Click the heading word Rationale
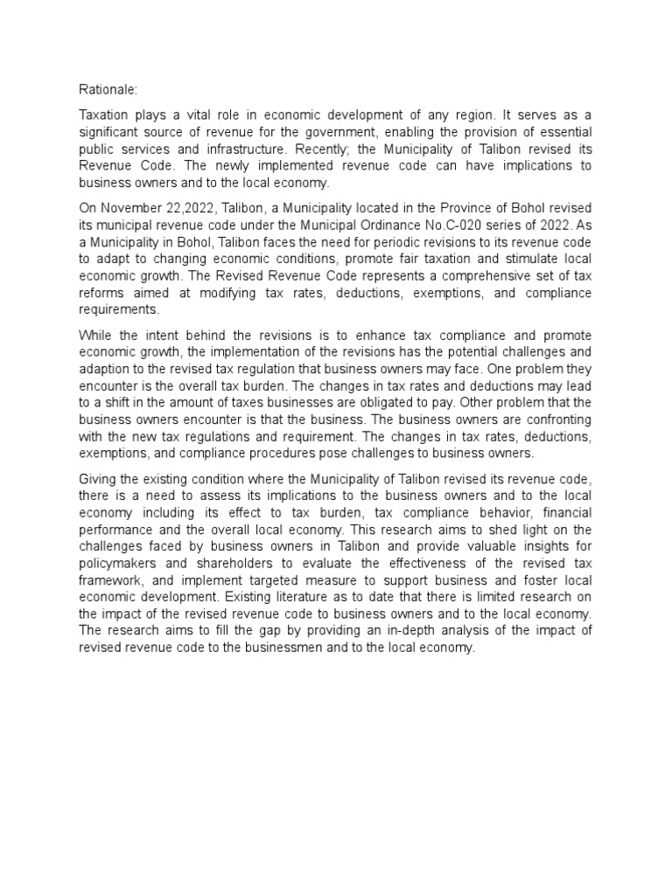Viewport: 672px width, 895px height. [106, 87]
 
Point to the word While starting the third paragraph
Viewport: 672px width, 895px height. [97, 335]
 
